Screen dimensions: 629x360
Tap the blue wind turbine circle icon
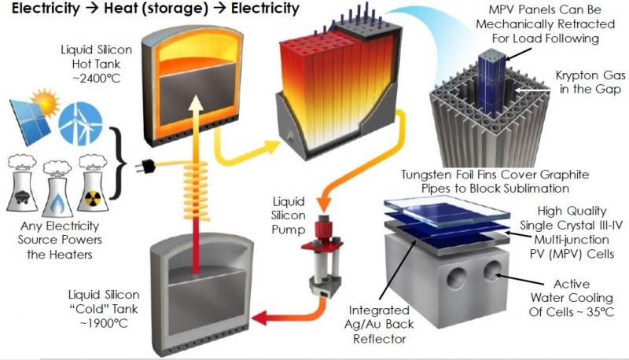[80, 123]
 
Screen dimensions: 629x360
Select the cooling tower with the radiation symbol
[93, 184]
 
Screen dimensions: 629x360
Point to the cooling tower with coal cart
[23, 184]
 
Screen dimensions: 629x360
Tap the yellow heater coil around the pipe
[196, 190]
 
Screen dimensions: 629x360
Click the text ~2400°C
[96, 78]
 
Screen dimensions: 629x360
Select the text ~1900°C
[104, 323]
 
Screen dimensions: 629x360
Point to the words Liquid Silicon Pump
[288, 215]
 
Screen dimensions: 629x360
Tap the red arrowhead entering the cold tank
[261, 318]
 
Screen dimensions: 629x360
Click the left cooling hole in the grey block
[456, 277]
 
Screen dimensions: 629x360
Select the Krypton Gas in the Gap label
[590, 83]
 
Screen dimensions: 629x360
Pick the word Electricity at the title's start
[46, 9]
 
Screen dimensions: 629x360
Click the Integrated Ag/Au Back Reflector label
[379, 325]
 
